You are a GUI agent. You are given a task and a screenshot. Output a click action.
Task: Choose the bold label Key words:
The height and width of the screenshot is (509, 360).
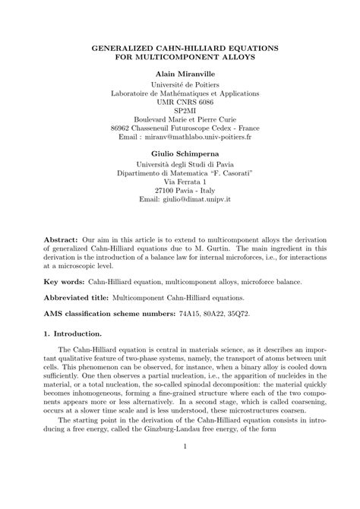tap(64, 280)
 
